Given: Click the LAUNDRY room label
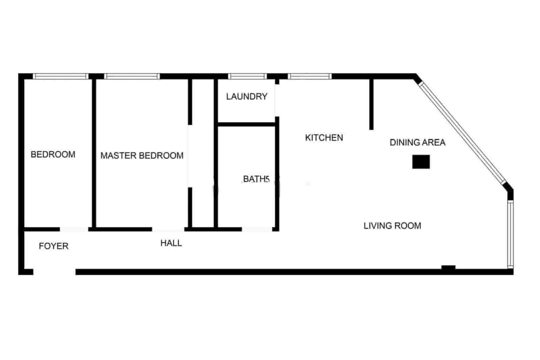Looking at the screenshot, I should [247, 97].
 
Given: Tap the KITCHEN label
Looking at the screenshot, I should [324, 138].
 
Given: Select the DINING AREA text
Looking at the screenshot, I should [417, 143].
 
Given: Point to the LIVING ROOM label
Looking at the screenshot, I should [392, 226].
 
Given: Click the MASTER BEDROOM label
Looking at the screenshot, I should [142, 156].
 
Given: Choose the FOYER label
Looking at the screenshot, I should [54, 246].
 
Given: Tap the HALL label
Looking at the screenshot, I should [171, 243].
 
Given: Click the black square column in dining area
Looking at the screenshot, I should [421, 162].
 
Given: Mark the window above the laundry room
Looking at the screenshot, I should [247, 76].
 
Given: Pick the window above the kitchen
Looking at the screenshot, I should [309, 76].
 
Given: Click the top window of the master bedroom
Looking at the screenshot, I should [132, 76].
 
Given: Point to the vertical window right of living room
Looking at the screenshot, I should [510, 234].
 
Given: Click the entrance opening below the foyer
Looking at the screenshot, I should [54, 272].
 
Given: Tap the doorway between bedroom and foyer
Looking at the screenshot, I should [74, 230].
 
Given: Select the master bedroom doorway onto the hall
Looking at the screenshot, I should [168, 230].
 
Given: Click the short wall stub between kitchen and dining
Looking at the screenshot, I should [371, 104].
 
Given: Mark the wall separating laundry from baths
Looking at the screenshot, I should [247, 124].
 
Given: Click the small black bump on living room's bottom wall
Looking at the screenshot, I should [448, 268].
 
